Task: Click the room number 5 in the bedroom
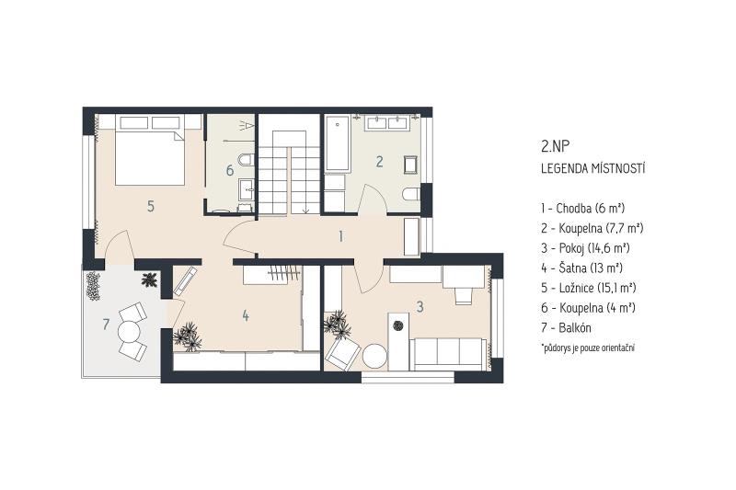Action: (151, 206)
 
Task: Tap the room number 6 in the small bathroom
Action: (229, 170)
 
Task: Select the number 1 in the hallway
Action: (340, 236)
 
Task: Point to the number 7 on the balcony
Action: (106, 324)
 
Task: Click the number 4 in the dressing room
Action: (246, 315)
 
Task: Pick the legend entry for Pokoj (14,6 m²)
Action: (585, 248)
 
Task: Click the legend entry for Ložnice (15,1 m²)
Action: (588, 288)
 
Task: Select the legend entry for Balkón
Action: (566, 328)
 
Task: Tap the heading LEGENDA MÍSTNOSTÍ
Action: (592, 169)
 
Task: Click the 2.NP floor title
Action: (555, 147)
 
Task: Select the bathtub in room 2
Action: (337, 143)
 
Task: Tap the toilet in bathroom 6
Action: (246, 160)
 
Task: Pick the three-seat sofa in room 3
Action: (448, 355)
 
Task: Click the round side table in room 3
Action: (375, 357)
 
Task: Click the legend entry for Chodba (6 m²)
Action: (582, 208)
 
